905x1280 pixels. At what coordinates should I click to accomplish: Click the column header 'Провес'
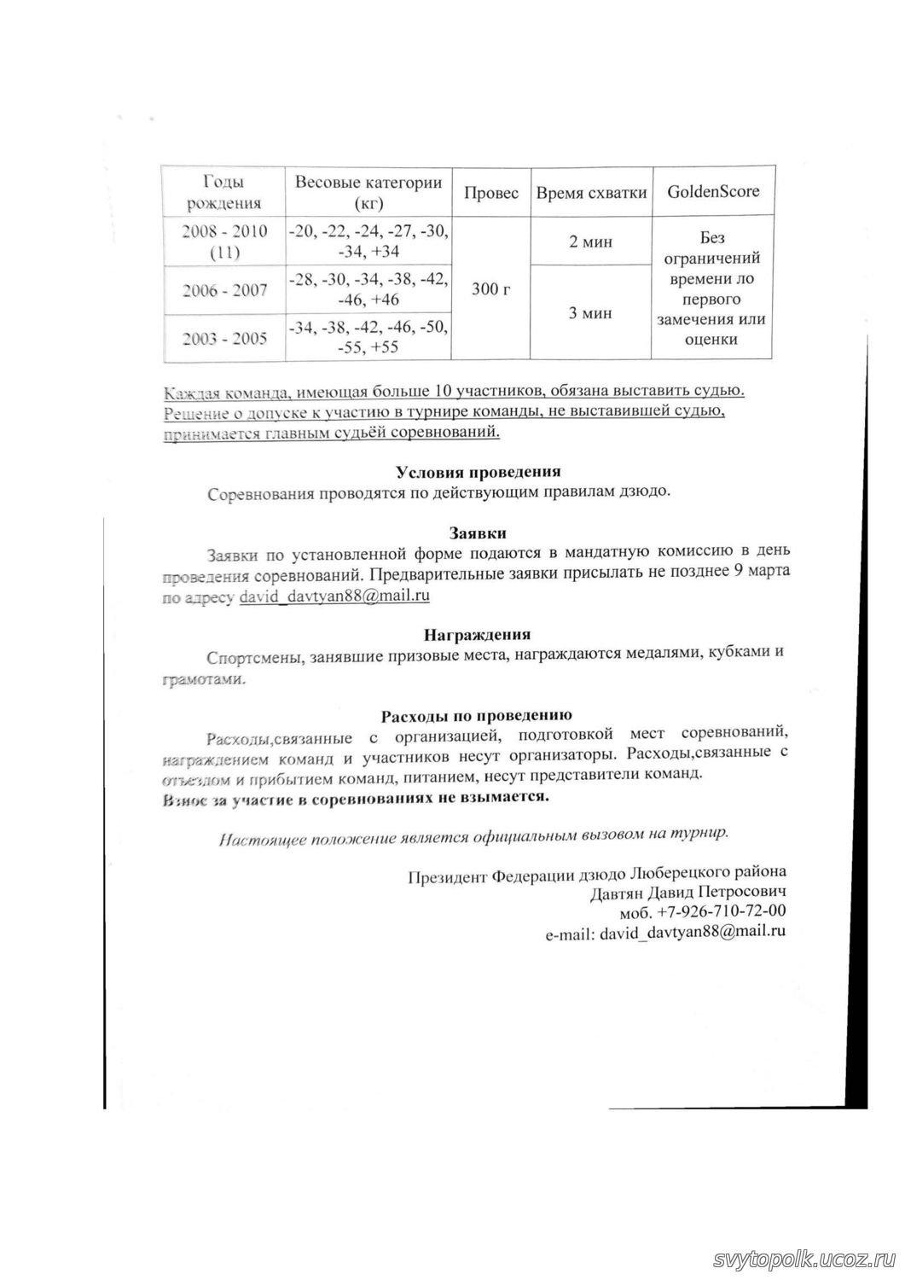pos(490,193)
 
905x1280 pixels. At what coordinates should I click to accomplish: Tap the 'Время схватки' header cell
pos(591,193)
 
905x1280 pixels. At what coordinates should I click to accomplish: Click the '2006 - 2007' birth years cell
pos(225,290)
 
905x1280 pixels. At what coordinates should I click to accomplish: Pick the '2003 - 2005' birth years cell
pos(225,337)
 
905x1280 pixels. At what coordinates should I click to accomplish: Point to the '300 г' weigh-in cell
pos(490,289)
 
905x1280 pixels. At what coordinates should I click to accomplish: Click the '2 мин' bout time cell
pos(590,242)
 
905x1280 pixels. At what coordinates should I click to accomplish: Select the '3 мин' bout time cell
pos(590,313)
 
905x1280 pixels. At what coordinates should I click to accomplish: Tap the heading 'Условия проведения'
pos(478,472)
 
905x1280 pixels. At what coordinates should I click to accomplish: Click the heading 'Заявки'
pos(478,533)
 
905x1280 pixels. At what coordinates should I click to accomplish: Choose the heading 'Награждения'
pos(478,635)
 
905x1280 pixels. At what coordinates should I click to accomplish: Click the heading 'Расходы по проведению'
pos(476,715)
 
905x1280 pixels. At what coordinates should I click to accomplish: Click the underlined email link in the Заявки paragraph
pos(334,596)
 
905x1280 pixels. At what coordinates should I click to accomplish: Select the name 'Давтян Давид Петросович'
pos(687,893)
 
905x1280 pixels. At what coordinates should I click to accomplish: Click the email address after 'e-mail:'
pos(693,932)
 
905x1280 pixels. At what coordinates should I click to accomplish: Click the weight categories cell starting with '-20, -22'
pos(368,241)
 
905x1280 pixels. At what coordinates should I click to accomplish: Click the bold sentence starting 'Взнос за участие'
pos(356,796)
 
